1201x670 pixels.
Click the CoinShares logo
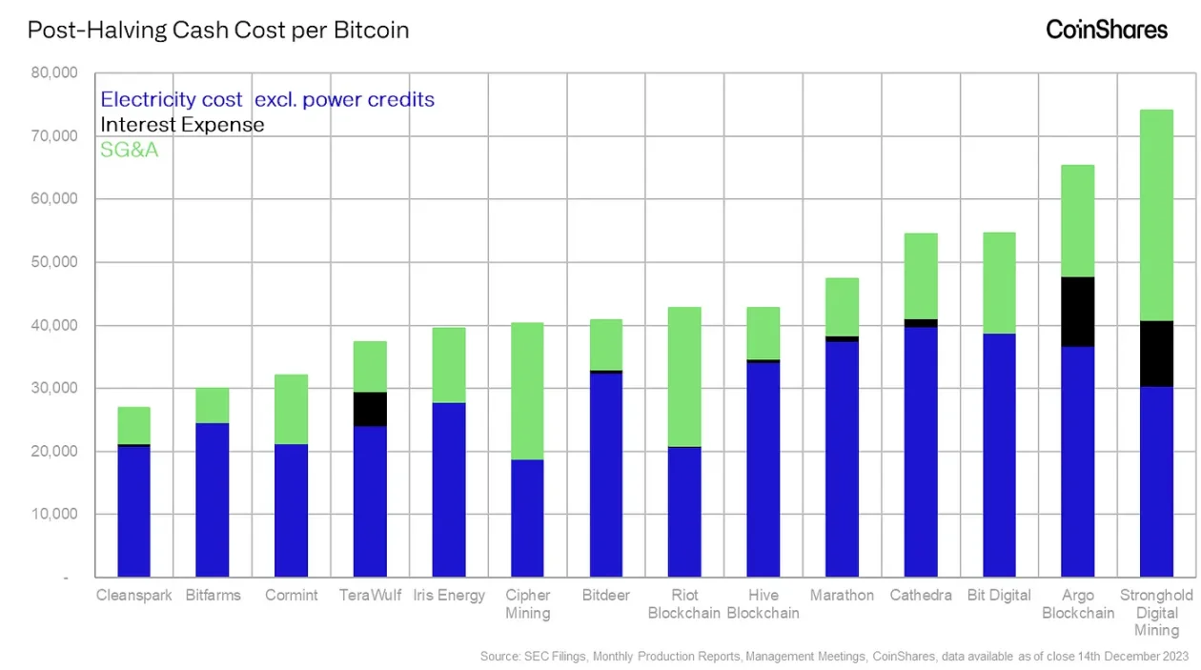(x=1106, y=30)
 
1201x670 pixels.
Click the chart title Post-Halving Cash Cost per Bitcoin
(x=218, y=30)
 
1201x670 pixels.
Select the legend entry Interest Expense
(x=182, y=124)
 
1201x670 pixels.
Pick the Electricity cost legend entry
(x=267, y=99)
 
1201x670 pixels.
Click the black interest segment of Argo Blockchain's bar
(x=1077, y=312)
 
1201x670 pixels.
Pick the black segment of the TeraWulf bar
(x=370, y=409)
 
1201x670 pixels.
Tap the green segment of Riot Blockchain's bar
(x=684, y=376)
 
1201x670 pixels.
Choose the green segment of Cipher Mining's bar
(x=527, y=391)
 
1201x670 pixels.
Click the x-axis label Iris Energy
(x=449, y=596)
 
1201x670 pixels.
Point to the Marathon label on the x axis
(x=842, y=596)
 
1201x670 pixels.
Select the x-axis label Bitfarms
(x=213, y=596)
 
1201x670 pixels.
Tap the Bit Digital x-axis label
(x=999, y=596)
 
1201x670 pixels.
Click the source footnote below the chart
(x=835, y=656)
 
